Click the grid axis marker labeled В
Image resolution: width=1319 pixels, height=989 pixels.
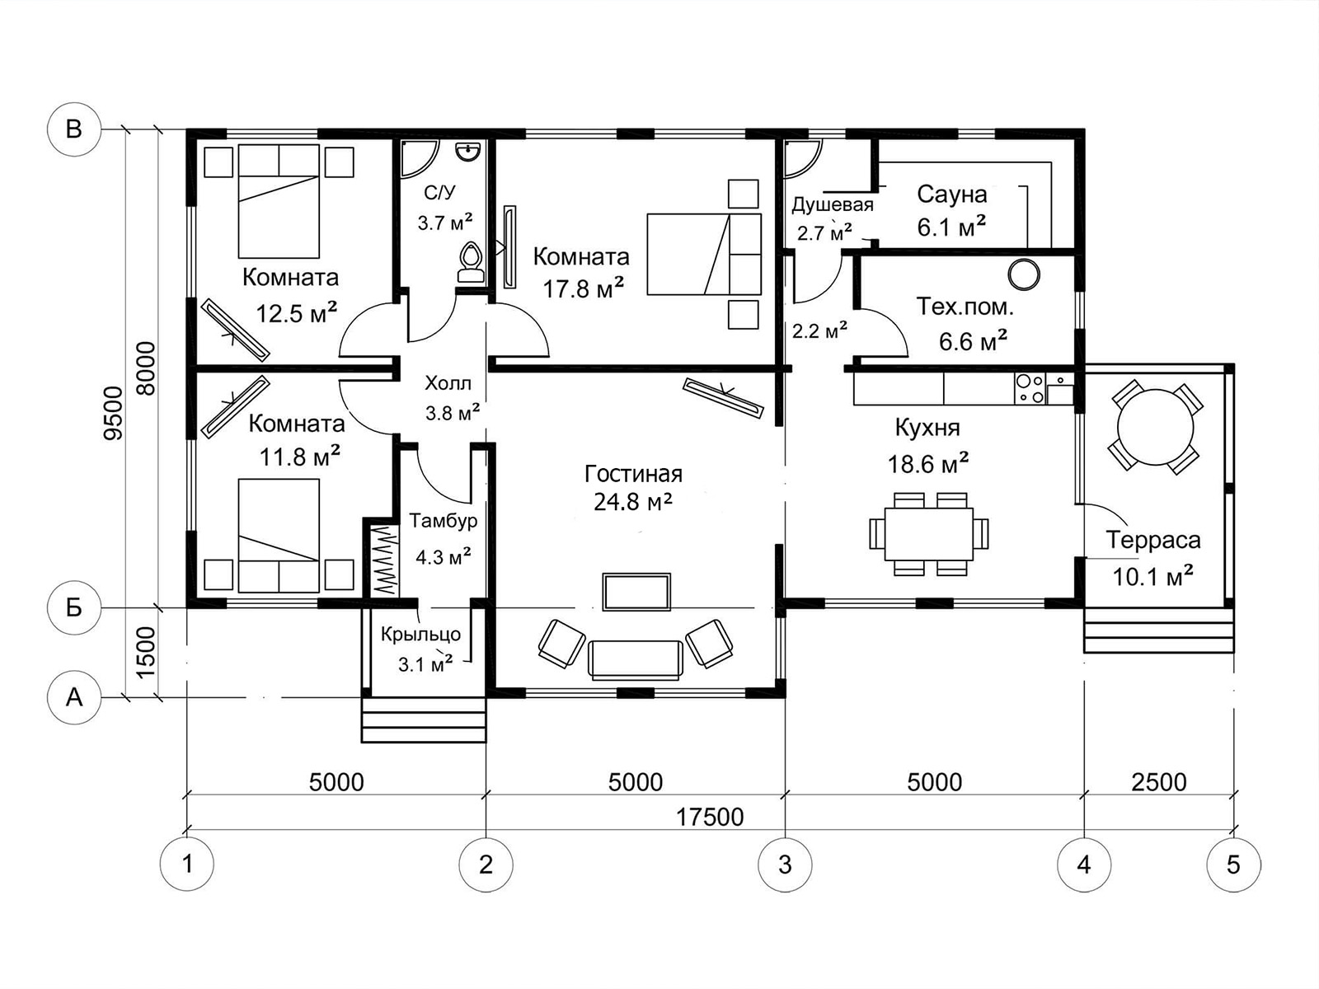coord(74,129)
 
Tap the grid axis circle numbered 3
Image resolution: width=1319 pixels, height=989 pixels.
coord(785,865)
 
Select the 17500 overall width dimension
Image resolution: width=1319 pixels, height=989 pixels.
coord(710,818)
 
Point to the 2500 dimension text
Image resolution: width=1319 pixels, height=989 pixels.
coord(1159,782)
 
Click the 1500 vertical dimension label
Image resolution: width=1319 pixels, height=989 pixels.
coord(146,653)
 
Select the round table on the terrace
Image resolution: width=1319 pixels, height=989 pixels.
coord(1155,427)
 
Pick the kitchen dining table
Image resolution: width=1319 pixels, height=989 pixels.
coord(928,534)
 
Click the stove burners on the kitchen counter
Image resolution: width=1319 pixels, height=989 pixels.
coord(1030,388)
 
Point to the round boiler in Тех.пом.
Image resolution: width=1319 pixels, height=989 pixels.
coord(1023,274)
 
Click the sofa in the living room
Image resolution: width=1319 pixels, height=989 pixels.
coord(636,660)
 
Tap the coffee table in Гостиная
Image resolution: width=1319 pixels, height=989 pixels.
coord(636,592)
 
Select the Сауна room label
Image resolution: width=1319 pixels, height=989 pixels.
coord(952,194)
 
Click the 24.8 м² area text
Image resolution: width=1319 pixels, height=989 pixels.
coord(633,501)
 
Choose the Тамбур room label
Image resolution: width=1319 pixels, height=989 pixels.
coord(444,520)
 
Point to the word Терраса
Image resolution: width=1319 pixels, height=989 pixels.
coord(1153,540)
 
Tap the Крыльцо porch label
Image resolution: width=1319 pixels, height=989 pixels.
coord(420,635)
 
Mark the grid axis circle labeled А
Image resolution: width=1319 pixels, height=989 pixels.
coord(74,697)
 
